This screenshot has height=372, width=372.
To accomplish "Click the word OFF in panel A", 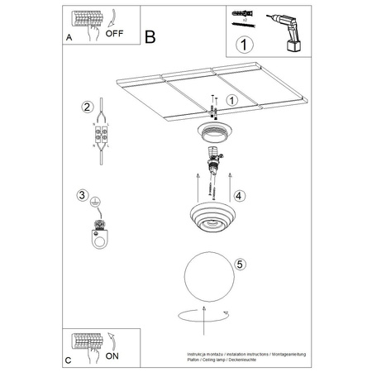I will [x=116, y=34].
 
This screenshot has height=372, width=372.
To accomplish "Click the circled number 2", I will [x=85, y=107].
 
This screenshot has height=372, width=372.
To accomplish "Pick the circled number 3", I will [x=82, y=196].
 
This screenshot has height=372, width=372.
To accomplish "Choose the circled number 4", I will [x=239, y=197].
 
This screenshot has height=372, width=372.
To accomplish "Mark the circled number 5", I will [x=239, y=265].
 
